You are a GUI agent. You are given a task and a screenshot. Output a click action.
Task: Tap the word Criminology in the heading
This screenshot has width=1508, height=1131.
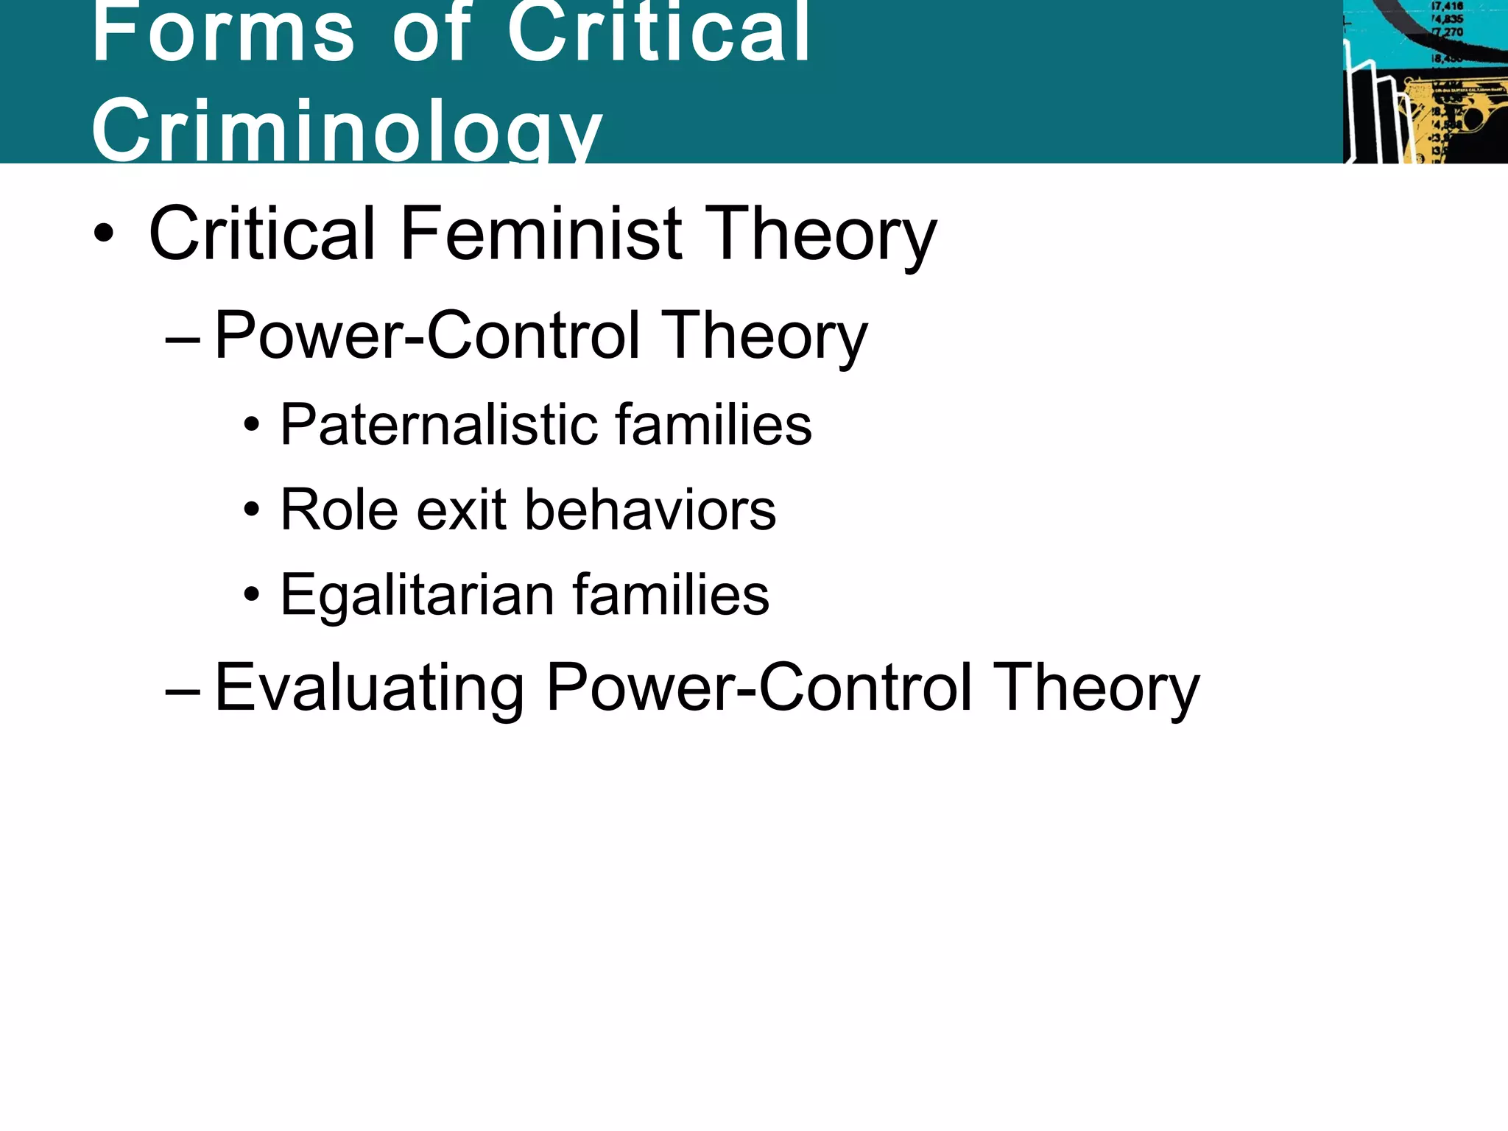(x=347, y=130)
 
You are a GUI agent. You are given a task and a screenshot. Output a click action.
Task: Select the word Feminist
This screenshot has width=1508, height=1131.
(x=541, y=233)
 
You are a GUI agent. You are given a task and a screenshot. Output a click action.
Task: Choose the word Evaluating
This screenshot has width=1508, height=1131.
(x=369, y=688)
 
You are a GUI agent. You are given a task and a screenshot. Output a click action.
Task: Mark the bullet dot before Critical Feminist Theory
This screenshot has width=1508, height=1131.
(x=104, y=234)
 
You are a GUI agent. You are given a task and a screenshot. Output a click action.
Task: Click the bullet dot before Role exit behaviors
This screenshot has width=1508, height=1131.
(x=252, y=510)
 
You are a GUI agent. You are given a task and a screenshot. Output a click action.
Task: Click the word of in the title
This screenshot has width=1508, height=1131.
(x=431, y=32)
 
